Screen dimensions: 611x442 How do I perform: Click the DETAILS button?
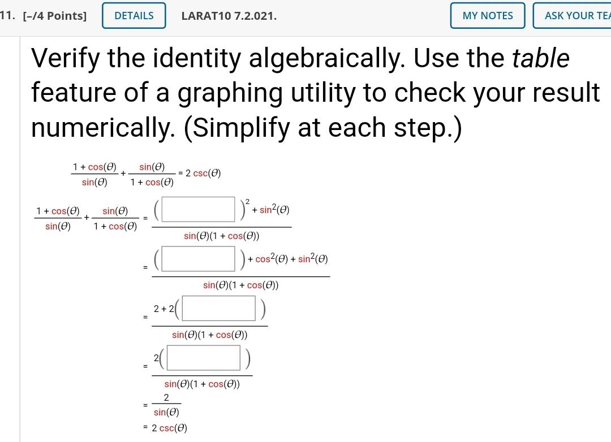[134, 16]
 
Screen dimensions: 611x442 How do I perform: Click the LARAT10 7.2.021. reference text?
[229, 16]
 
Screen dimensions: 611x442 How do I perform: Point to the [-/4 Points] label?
[54, 16]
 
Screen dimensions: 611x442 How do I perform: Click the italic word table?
[540, 58]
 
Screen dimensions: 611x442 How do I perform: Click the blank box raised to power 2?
[199, 209]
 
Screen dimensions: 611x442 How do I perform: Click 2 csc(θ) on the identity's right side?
[203, 174]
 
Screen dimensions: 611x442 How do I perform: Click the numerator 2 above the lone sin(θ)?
[166, 398]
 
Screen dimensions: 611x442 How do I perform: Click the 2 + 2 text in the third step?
[163, 309]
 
